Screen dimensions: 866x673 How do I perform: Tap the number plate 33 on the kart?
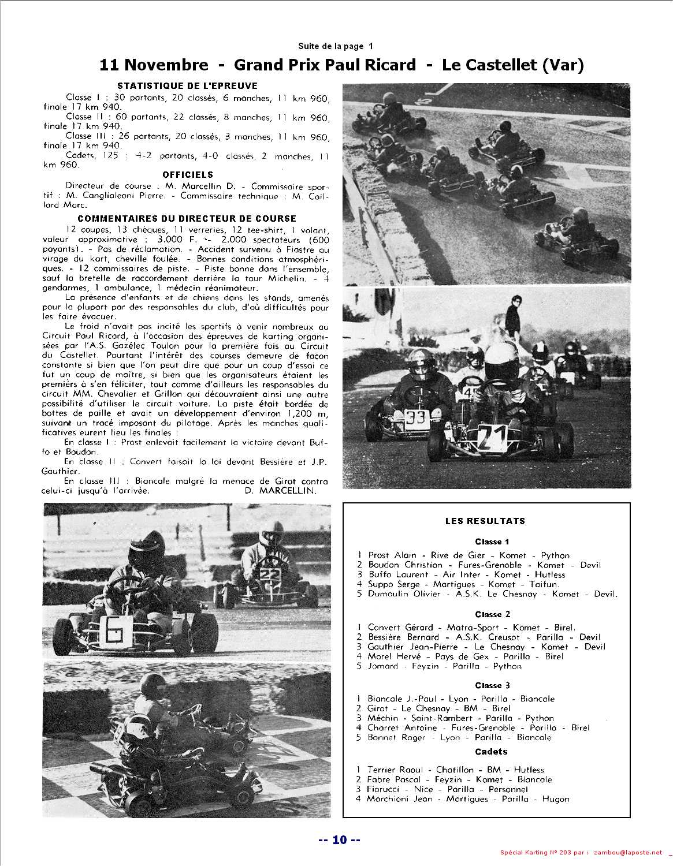click(x=415, y=417)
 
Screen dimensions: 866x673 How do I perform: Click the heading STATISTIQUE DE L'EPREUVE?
click(x=179, y=85)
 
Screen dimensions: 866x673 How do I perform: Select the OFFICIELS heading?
click(x=188, y=174)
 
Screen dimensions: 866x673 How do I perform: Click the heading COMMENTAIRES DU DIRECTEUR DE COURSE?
click(x=187, y=219)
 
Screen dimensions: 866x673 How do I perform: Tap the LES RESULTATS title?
click(x=485, y=521)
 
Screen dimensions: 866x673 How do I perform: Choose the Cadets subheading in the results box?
click(x=491, y=752)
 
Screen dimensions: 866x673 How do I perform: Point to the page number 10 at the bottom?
click(x=339, y=840)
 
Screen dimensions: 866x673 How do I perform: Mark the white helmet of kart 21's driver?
click(x=500, y=358)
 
